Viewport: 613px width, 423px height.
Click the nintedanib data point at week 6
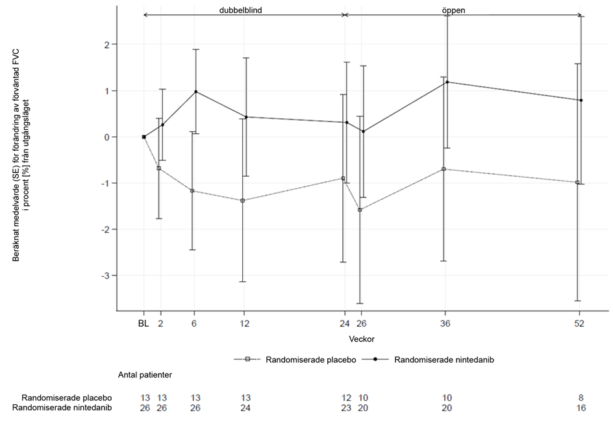[x=195, y=92]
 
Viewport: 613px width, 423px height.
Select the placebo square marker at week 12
[x=243, y=200]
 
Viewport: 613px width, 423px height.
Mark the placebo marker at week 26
[x=360, y=210]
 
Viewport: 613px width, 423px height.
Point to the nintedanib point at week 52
[x=581, y=100]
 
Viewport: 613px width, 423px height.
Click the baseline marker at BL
[x=144, y=136]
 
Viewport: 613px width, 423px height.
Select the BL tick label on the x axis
[x=144, y=324]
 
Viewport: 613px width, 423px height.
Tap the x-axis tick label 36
[x=445, y=324]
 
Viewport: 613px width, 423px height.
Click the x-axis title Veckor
[x=360, y=339]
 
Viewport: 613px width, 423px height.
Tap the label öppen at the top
[x=455, y=10]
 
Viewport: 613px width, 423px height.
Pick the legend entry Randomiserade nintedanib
[x=440, y=359]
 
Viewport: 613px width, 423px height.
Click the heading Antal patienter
[x=144, y=374]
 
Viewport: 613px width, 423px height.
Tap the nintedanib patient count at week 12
[x=245, y=407]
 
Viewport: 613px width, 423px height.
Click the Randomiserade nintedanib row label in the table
[x=64, y=407]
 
